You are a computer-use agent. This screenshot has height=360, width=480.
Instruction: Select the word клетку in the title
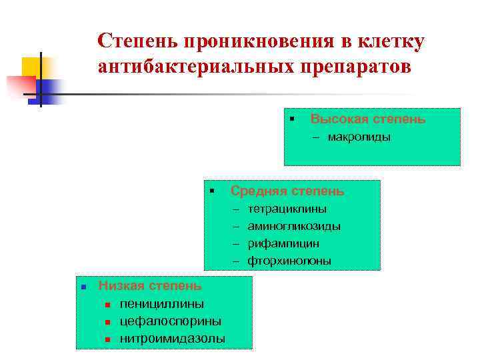click(x=389, y=41)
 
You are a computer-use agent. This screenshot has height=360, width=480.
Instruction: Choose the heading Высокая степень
click(x=368, y=119)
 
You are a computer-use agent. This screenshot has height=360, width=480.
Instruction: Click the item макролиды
click(x=359, y=137)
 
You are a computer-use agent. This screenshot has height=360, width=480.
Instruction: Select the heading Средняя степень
click(x=287, y=191)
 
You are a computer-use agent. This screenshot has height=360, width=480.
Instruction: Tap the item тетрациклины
click(x=287, y=209)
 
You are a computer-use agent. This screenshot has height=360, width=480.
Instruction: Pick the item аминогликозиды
click(x=294, y=227)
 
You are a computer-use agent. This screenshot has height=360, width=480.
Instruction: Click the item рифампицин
click(x=283, y=244)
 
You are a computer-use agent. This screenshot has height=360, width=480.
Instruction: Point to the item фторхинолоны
click(x=289, y=261)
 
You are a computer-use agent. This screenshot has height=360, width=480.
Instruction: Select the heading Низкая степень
click(x=150, y=286)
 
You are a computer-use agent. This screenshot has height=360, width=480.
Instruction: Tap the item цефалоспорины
click(x=171, y=321)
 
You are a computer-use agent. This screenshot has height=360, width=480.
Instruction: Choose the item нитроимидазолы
click(x=173, y=339)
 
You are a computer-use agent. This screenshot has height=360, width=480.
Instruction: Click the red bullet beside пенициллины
click(x=107, y=305)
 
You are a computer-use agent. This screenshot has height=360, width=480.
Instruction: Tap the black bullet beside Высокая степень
click(x=292, y=119)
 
